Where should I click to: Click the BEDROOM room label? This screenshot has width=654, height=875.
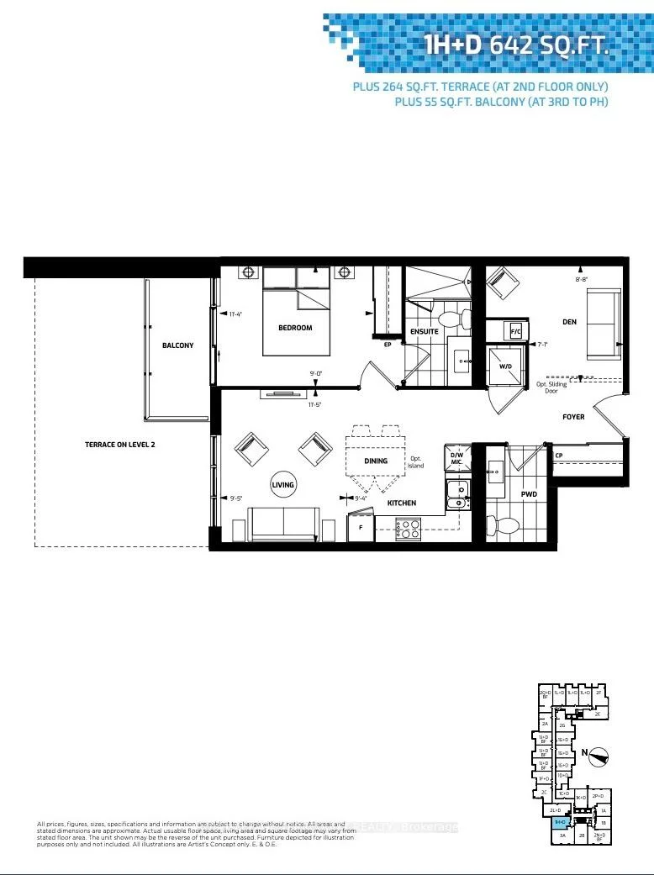pyautogui.click(x=295, y=328)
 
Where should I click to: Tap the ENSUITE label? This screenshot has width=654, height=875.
pyautogui.click(x=425, y=331)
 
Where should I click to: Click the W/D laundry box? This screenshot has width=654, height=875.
pyautogui.click(x=505, y=366)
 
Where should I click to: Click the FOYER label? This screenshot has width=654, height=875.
pyautogui.click(x=573, y=417)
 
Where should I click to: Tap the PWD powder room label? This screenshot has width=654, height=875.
pyautogui.click(x=529, y=494)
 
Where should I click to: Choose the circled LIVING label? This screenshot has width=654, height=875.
pyautogui.click(x=282, y=486)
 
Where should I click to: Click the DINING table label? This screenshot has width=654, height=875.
pyautogui.click(x=376, y=461)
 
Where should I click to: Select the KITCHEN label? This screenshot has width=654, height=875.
pyautogui.click(x=402, y=503)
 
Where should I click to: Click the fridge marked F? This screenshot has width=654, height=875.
pyautogui.click(x=360, y=528)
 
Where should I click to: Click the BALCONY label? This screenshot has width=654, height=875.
pyautogui.click(x=177, y=345)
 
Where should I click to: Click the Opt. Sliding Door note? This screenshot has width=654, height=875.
pyautogui.click(x=551, y=385)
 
